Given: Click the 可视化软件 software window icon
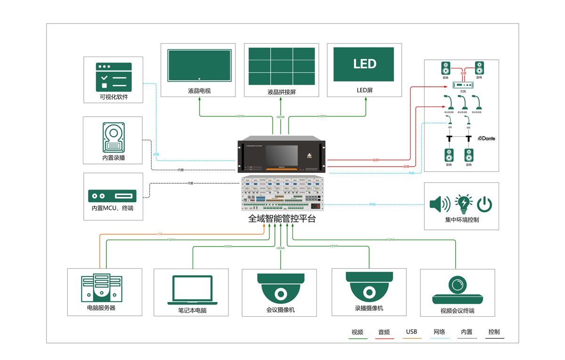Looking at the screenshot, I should [x=113, y=77].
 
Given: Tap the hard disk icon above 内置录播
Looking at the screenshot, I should [x=113, y=137].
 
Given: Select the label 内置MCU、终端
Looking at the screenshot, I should [x=113, y=208].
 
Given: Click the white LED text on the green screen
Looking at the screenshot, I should [x=364, y=64].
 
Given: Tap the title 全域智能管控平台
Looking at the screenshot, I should [x=282, y=219].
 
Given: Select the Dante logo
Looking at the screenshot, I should [x=486, y=139].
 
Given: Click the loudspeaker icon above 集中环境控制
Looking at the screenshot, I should [x=440, y=204].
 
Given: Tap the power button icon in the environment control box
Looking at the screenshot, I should [x=484, y=204].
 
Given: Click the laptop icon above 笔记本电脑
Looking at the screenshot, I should [x=192, y=289].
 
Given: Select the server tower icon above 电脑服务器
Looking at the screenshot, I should [x=101, y=287].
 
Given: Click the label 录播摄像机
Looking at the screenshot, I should [x=369, y=308].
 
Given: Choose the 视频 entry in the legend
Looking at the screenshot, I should [x=357, y=332].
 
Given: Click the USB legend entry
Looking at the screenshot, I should [x=412, y=332].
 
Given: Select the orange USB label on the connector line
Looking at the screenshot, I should [x=160, y=234].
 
